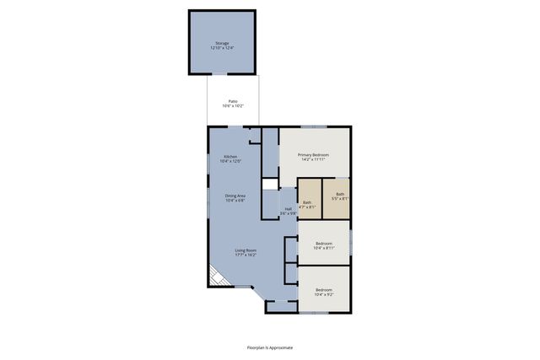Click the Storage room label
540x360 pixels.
click(221, 43)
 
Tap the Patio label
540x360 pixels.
click(233, 101)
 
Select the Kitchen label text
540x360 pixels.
click(230, 157)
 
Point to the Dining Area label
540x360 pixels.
click(235, 196)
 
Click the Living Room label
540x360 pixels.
click(246, 250)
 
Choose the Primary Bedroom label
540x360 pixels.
click(314, 155)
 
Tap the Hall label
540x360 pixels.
click(289, 209)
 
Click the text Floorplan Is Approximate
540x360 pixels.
click(269, 347)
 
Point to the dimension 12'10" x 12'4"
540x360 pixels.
click(221, 48)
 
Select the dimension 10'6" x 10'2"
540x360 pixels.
click(233, 106)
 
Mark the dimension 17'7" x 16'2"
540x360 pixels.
click(246, 255)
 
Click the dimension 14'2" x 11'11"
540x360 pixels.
click(314, 160)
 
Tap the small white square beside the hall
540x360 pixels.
click(269, 184)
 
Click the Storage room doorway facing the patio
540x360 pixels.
click(221, 75)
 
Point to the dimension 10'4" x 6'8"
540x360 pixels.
click(235, 201)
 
